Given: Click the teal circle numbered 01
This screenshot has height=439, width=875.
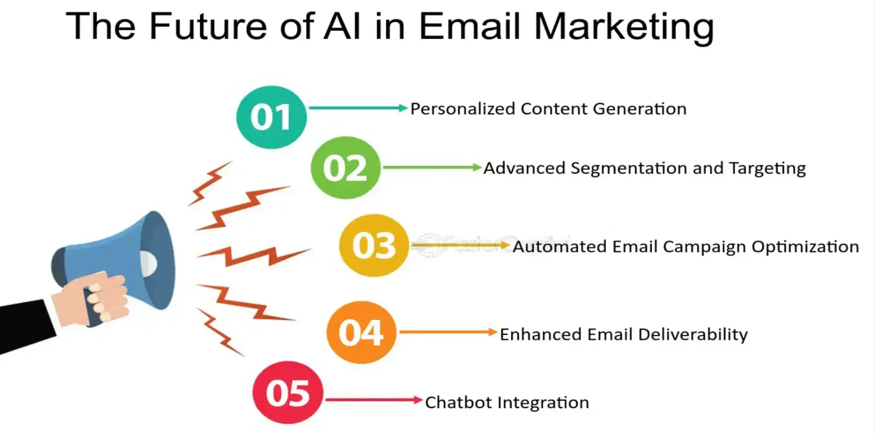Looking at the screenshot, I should (271, 117).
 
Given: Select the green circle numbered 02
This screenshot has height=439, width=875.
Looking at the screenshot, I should (345, 168).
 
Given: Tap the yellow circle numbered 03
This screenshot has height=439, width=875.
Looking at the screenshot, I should (374, 245).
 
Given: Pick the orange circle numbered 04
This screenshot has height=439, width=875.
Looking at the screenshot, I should (361, 332).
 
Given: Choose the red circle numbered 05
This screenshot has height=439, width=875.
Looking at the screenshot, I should (288, 393).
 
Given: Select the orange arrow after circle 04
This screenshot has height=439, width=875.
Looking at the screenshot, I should (448, 332).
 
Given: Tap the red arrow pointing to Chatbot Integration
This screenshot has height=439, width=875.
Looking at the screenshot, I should (374, 400).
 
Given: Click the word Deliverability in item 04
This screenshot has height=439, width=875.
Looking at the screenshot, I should (693, 335).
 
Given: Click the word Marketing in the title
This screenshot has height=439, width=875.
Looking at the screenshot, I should (624, 27).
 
